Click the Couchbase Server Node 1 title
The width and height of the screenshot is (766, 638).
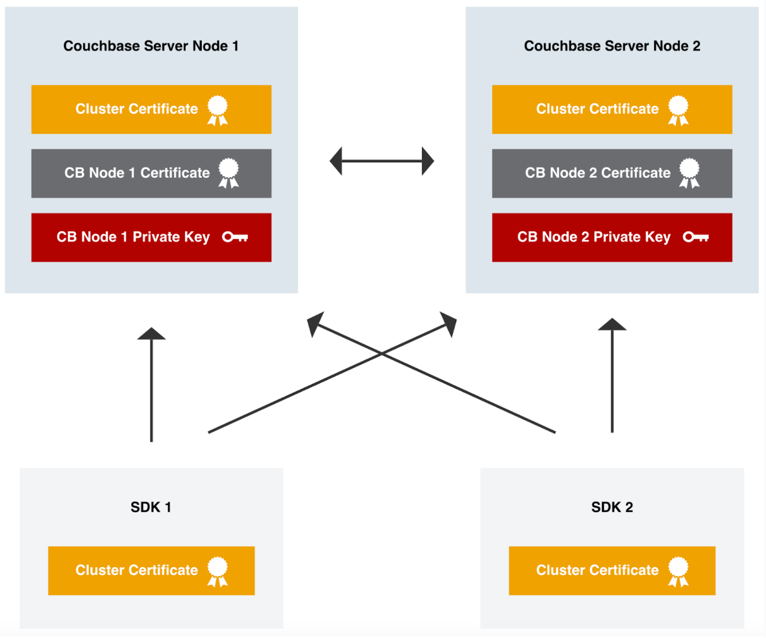coord(151,46)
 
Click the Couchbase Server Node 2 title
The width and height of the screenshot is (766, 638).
coord(612,46)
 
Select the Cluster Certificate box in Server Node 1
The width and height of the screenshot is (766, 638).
coord(151,109)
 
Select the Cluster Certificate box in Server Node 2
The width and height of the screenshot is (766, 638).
coord(612,109)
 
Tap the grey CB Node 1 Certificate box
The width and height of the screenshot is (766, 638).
coord(151,173)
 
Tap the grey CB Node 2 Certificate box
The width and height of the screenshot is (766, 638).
coord(612,173)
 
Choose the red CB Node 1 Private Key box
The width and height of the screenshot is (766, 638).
coord(151,238)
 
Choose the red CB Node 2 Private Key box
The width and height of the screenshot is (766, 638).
coord(612,238)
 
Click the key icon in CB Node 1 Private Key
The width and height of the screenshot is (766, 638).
coord(235,237)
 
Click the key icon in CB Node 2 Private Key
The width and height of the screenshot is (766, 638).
coord(696,237)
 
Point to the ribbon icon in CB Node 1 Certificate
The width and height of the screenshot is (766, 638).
coord(229,173)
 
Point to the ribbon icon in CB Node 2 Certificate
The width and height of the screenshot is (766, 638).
coord(689,173)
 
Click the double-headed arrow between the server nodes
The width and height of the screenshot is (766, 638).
coord(382,161)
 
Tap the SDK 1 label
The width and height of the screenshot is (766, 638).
coord(151,507)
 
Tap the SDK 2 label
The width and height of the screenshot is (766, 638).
coord(612,507)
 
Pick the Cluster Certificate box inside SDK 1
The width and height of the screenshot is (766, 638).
coord(151,571)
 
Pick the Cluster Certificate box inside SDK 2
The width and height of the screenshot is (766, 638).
coord(612,571)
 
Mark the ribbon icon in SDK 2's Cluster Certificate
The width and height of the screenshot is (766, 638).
coord(678,571)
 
